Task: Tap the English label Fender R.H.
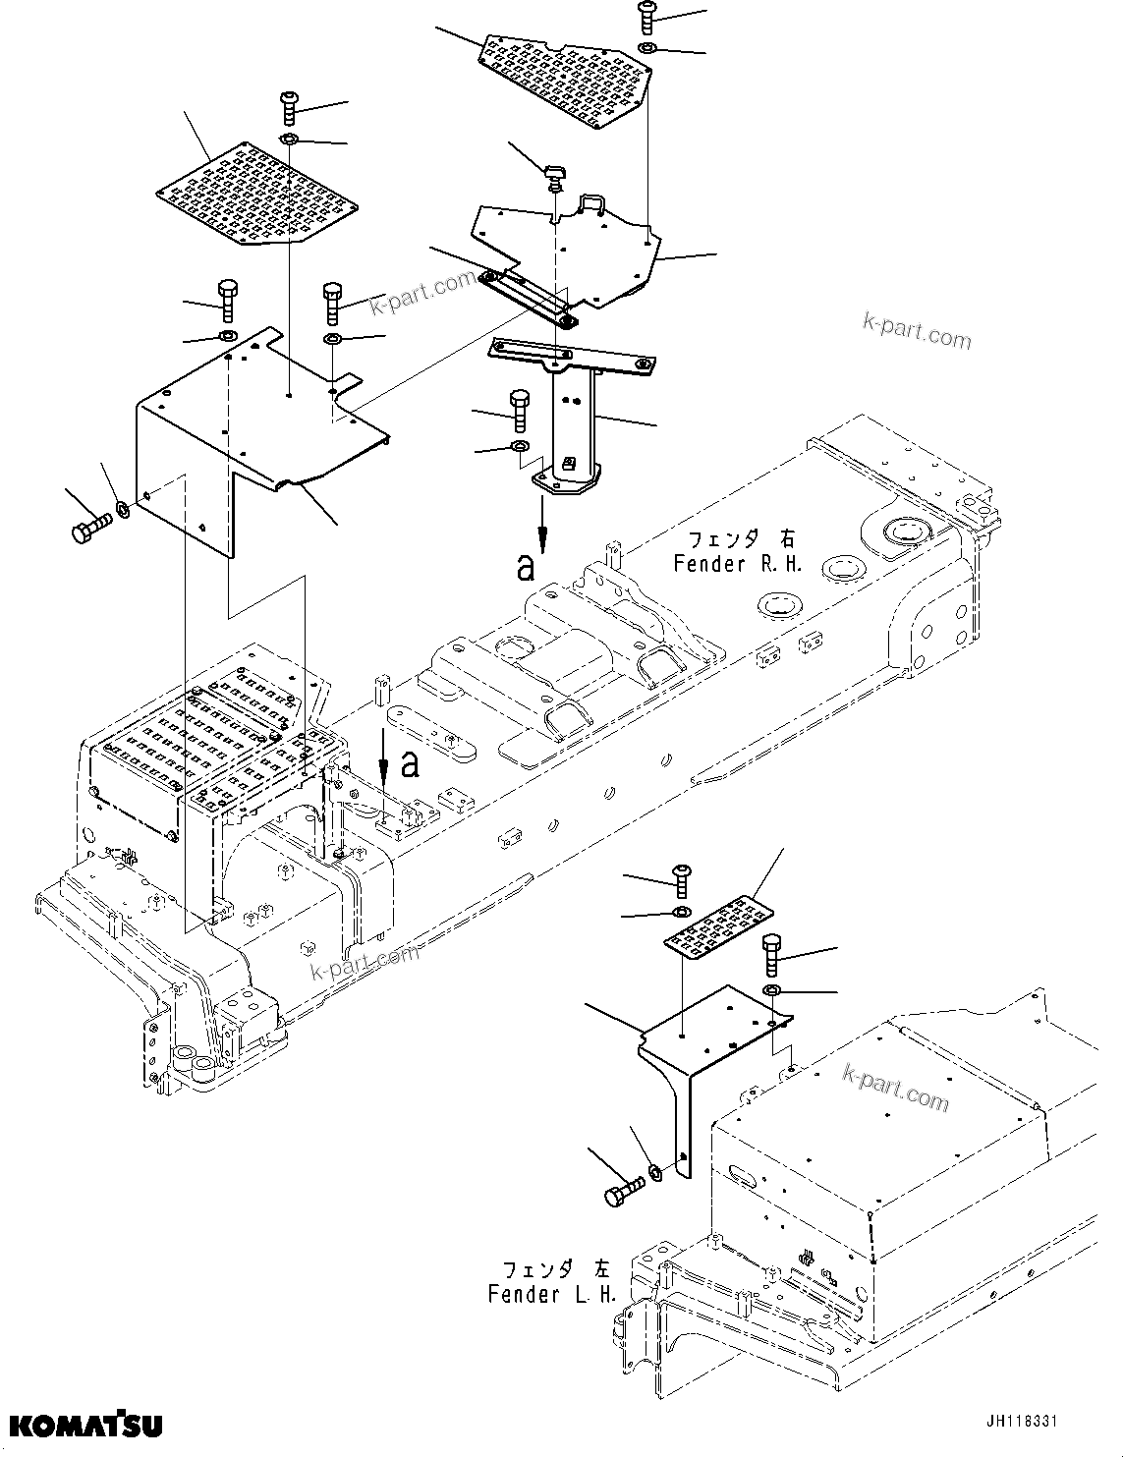pos(738,564)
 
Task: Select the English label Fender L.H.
pos(552,1294)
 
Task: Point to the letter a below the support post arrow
pos(527,567)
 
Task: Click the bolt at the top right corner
pos(647,14)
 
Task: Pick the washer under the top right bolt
pos(647,47)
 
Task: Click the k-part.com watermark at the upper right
pos(916,330)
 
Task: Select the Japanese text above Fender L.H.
pos(552,1268)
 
